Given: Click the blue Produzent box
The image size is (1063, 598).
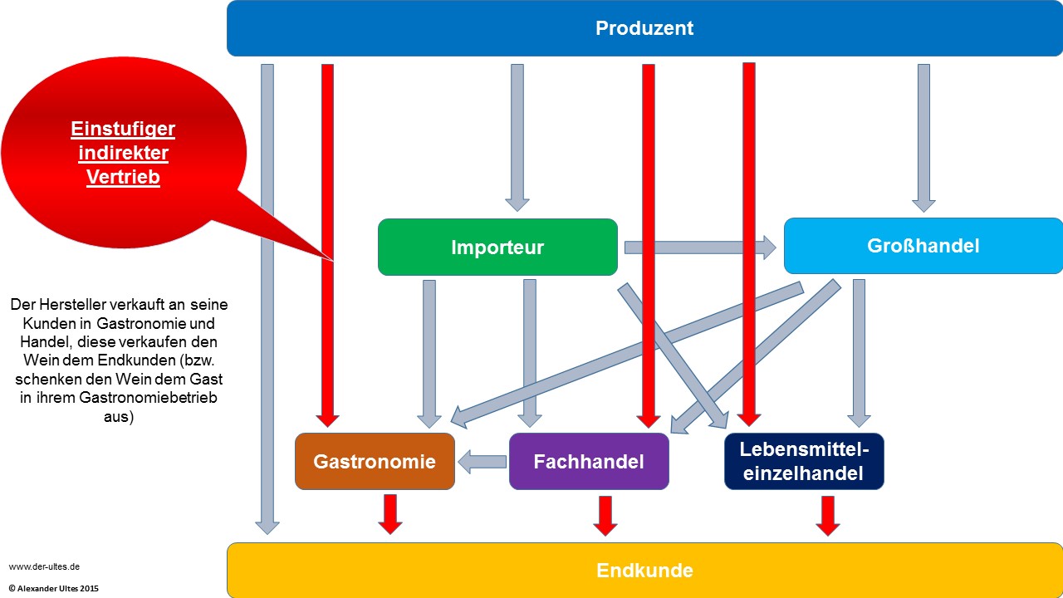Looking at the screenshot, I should click(x=644, y=28).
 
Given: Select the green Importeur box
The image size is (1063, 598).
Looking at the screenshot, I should click(x=497, y=247).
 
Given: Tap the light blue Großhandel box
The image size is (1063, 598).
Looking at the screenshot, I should click(x=923, y=246).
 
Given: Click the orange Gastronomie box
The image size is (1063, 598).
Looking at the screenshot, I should click(x=375, y=462).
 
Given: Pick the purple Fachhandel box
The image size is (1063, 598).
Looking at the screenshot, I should click(x=589, y=462).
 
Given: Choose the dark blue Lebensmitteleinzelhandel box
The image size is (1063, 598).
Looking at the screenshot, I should click(x=804, y=462).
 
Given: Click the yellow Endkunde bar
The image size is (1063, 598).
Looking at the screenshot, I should click(x=644, y=571).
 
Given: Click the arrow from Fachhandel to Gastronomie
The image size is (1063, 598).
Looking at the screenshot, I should click(x=483, y=462).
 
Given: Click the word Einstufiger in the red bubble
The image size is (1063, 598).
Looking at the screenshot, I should click(x=123, y=130).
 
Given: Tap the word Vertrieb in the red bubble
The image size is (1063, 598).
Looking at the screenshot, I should click(x=123, y=177).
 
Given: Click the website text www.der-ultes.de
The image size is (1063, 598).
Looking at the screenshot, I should click(x=44, y=566).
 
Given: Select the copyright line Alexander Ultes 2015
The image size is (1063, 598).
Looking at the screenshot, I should click(x=54, y=588).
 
